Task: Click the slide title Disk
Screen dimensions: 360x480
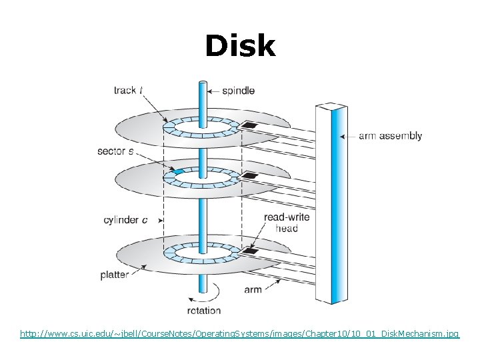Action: [239, 46]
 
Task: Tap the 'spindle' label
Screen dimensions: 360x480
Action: [238, 91]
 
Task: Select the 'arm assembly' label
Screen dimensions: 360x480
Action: [390, 136]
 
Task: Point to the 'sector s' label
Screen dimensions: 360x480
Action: [115, 151]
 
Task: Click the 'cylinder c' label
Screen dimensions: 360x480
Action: [125, 220]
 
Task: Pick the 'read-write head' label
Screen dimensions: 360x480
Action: [287, 223]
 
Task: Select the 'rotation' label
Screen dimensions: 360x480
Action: [204, 310]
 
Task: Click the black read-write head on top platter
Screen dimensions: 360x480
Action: [250, 125]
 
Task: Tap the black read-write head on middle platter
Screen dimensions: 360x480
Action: [250, 176]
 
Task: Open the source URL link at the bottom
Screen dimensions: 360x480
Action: [239, 333]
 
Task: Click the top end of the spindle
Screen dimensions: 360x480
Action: [201, 83]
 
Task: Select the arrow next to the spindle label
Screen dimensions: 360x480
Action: [213, 91]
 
